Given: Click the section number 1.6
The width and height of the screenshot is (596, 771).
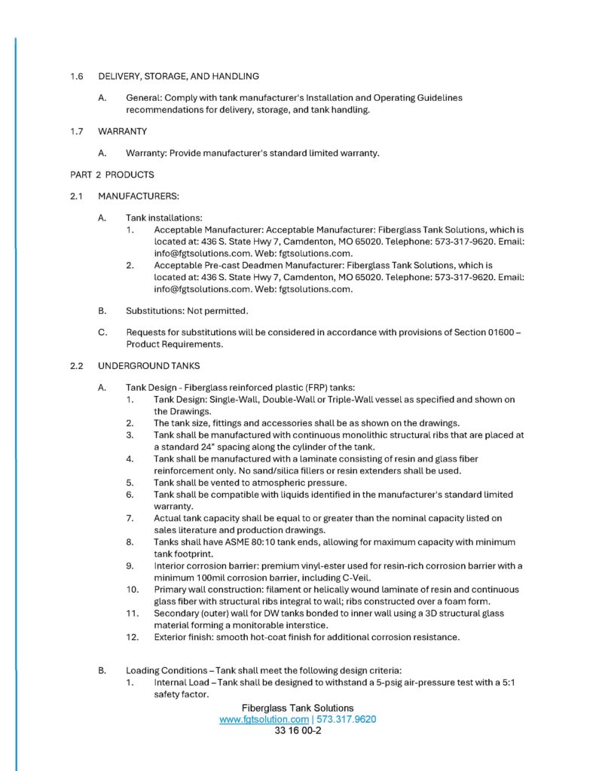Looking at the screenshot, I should pos(75,76).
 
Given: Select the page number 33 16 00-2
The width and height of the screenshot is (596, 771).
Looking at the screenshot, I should pos(298,731).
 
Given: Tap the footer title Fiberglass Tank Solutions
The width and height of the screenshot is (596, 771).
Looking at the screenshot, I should pos(298,709).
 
